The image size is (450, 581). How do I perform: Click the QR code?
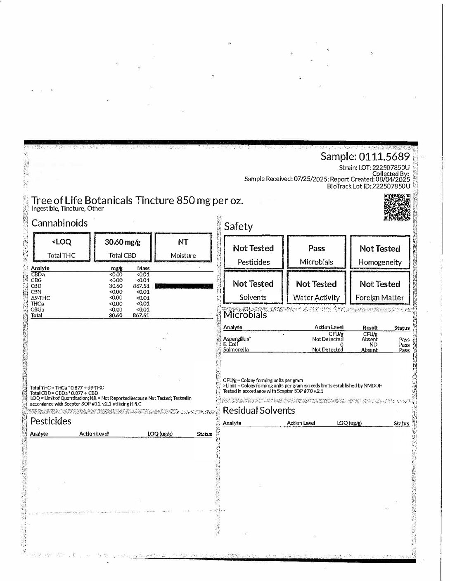(397, 207)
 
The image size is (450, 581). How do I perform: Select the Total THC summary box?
(62, 248)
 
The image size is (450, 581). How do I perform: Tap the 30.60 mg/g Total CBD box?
(123, 248)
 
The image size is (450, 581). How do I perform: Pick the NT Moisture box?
(183, 248)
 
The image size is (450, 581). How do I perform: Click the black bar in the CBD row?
(184, 286)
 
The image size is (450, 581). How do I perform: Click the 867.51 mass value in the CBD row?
(141, 286)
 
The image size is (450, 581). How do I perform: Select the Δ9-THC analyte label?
(40, 298)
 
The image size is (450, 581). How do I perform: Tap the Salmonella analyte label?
(236, 350)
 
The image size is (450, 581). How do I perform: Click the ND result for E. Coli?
(373, 345)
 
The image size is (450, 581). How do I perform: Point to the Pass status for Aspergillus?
(404, 340)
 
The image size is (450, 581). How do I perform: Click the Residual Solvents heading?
(259, 411)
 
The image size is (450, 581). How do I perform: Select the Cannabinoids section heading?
(59, 223)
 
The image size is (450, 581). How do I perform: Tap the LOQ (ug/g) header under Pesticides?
(160, 434)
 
